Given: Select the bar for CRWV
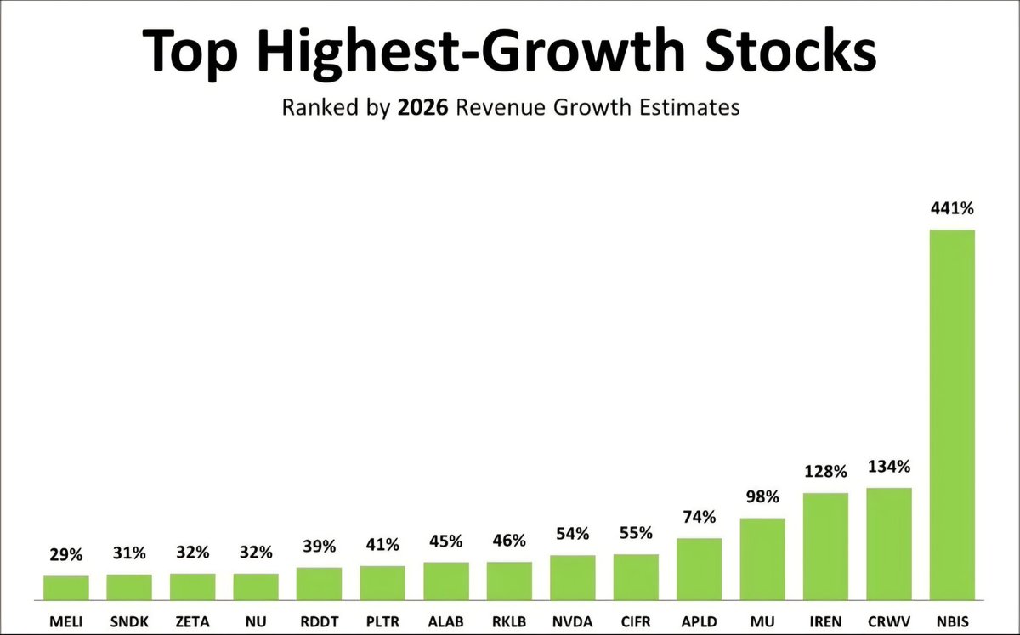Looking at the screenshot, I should (x=888, y=544).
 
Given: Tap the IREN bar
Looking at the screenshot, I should (x=825, y=547).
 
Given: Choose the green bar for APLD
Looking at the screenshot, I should (x=699, y=569).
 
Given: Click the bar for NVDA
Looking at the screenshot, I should (x=572, y=577).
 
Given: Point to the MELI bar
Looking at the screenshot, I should (x=65, y=587).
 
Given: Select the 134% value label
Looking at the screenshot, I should (x=888, y=467).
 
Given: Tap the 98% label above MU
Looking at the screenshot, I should (x=762, y=496).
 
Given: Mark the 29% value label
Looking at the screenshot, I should (x=65, y=555).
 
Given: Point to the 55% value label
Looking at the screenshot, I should (x=636, y=534).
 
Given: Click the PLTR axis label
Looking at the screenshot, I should (x=382, y=621).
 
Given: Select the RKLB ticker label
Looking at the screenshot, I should (x=508, y=621).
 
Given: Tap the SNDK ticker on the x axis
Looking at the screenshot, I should (x=128, y=621).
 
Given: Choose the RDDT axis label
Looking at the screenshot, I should (x=319, y=621).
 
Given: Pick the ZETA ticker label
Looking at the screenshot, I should (x=192, y=621).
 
